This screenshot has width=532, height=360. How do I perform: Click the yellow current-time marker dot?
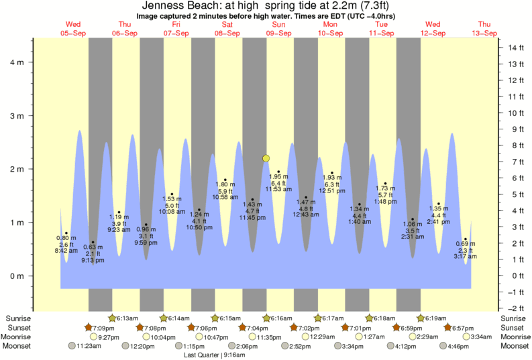(266, 158)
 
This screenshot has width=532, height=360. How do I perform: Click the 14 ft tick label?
(515, 48)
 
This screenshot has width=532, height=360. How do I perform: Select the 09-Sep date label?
(278, 33)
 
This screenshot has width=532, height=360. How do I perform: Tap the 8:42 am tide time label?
(66, 251)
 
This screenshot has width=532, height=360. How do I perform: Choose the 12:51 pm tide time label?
(331, 191)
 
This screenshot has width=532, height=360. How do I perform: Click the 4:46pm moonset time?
(459, 346)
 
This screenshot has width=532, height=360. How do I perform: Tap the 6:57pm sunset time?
(463, 327)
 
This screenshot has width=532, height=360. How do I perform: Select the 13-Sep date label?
(484, 33)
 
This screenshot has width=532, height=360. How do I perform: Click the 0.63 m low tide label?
(93, 247)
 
